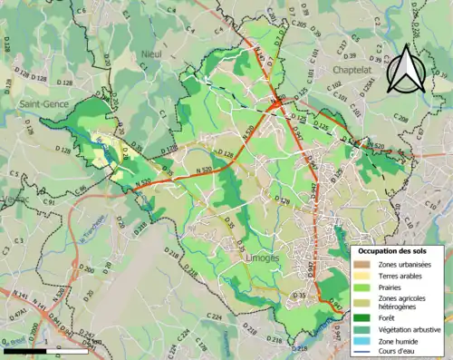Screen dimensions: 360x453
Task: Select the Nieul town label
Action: (x=150, y=55)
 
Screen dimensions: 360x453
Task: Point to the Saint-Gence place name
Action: (x=43, y=105)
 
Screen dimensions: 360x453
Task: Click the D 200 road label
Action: (x=86, y=269)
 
